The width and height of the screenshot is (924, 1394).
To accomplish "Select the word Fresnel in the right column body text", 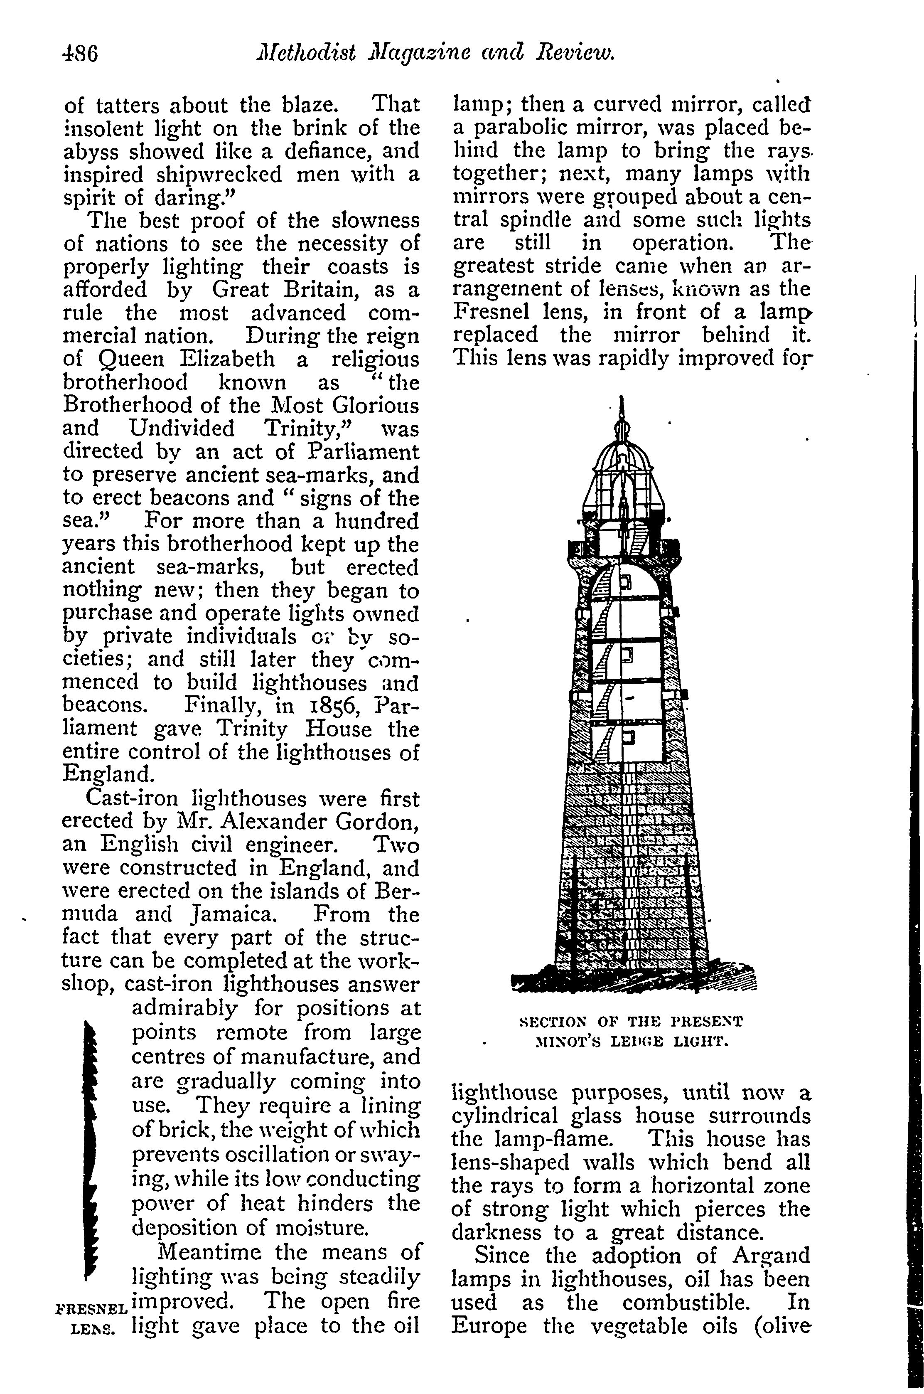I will [491, 312].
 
